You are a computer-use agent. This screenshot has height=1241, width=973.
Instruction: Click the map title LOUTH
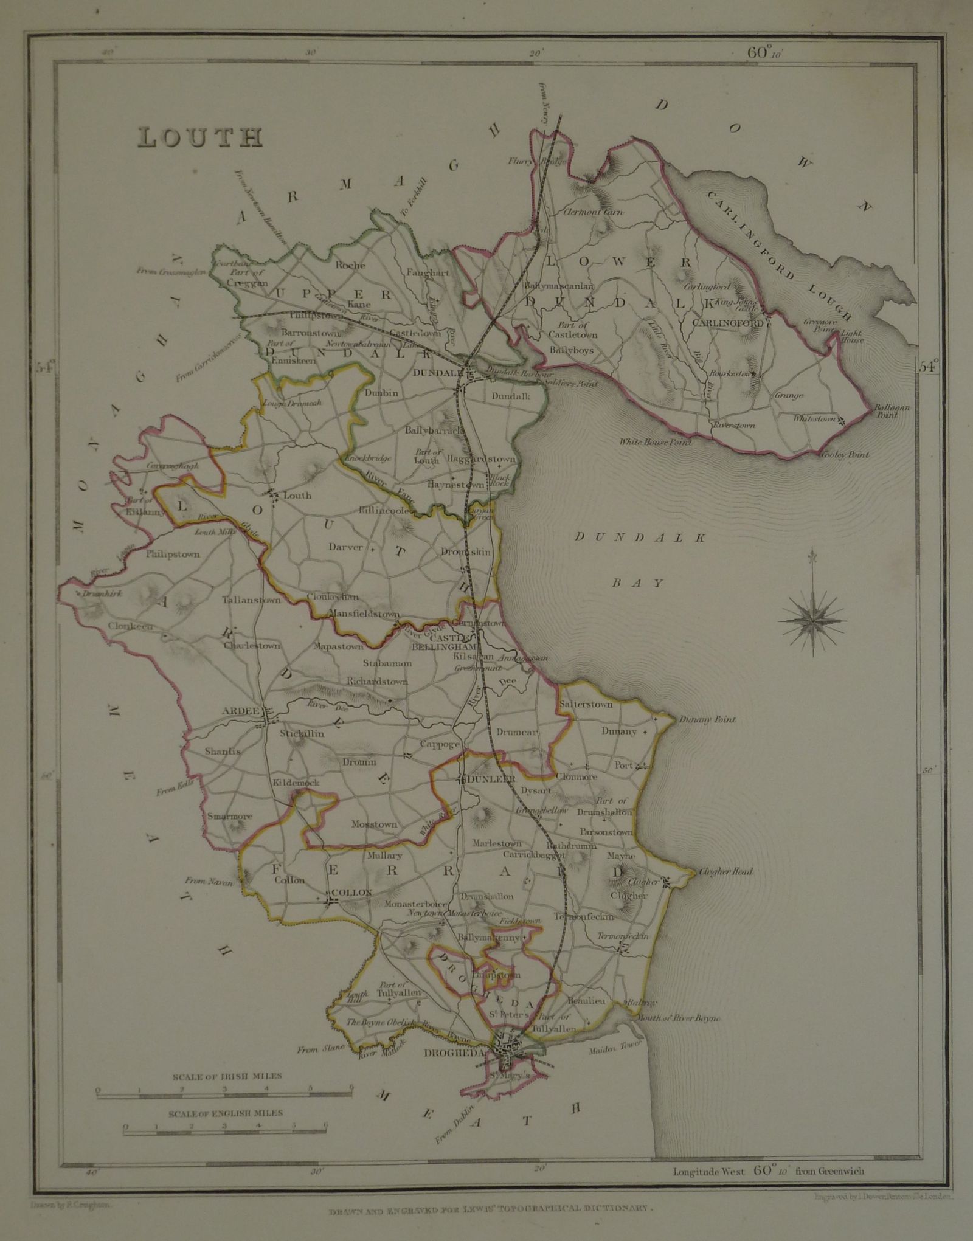pyautogui.click(x=200, y=137)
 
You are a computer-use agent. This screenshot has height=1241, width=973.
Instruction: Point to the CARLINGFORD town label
pyautogui.click(x=727, y=323)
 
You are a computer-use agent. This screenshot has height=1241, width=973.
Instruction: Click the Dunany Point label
pyautogui.click(x=699, y=720)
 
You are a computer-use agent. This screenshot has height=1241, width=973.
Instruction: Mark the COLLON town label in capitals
pyautogui.click(x=351, y=891)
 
